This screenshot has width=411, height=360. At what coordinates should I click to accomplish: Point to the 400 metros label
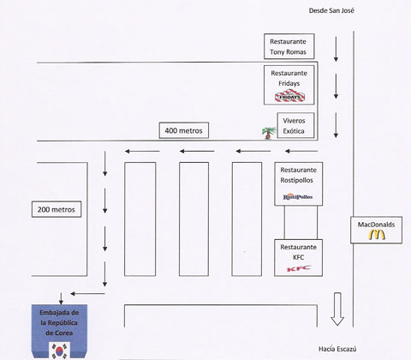click(183, 131)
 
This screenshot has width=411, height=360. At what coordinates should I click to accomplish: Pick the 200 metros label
click(57, 208)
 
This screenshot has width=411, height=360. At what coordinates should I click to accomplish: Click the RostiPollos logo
click(296, 197)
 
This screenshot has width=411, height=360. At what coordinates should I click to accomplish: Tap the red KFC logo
click(296, 270)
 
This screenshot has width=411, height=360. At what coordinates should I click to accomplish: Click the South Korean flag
click(59, 349)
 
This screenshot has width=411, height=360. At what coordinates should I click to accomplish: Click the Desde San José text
click(331, 11)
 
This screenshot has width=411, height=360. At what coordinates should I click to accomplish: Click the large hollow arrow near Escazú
click(337, 309)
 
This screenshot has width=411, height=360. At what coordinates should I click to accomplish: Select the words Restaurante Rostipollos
click(296, 175)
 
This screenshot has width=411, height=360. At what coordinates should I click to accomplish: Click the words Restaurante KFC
click(296, 252)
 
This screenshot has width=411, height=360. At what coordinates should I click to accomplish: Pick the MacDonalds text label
click(377, 224)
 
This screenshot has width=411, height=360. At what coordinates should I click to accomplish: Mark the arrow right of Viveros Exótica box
click(337, 127)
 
